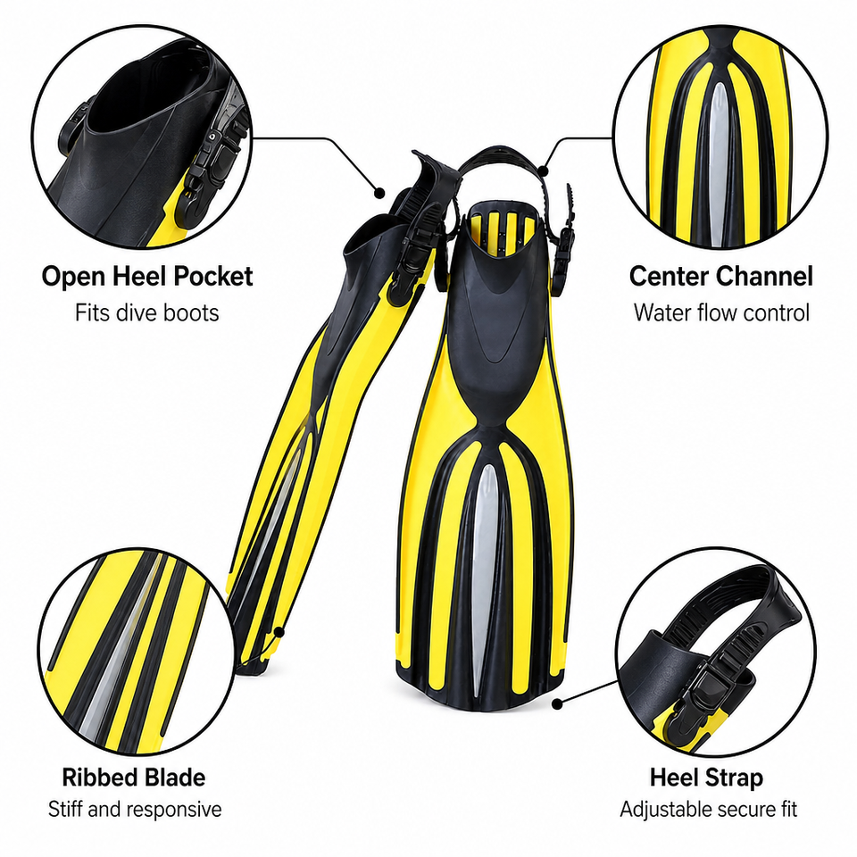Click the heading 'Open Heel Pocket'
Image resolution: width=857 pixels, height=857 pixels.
147,277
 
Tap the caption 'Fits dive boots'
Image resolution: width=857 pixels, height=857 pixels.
147,312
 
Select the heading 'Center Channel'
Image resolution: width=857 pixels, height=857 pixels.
721,276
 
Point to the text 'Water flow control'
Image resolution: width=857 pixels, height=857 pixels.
721,312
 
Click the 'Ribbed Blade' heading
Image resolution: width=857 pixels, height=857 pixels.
133,777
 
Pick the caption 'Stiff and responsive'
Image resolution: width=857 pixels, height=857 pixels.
135,809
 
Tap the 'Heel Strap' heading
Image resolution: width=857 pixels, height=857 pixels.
706,778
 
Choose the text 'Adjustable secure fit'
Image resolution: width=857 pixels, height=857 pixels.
708,809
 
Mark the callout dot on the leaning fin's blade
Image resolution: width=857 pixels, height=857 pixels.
279,632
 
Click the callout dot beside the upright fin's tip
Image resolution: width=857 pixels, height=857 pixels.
556,704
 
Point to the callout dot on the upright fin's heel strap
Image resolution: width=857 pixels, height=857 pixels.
543,171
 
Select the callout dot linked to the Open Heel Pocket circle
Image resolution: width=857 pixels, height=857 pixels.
379,193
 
